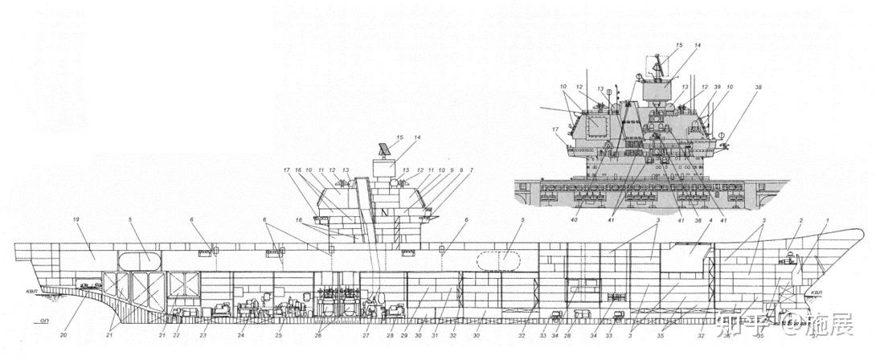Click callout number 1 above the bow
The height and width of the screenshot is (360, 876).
tap(827, 221)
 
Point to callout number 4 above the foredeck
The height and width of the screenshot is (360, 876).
tap(710, 221)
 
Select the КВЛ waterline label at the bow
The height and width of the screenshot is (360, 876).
tap(817, 292)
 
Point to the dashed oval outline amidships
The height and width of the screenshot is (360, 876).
tap(499, 261)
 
